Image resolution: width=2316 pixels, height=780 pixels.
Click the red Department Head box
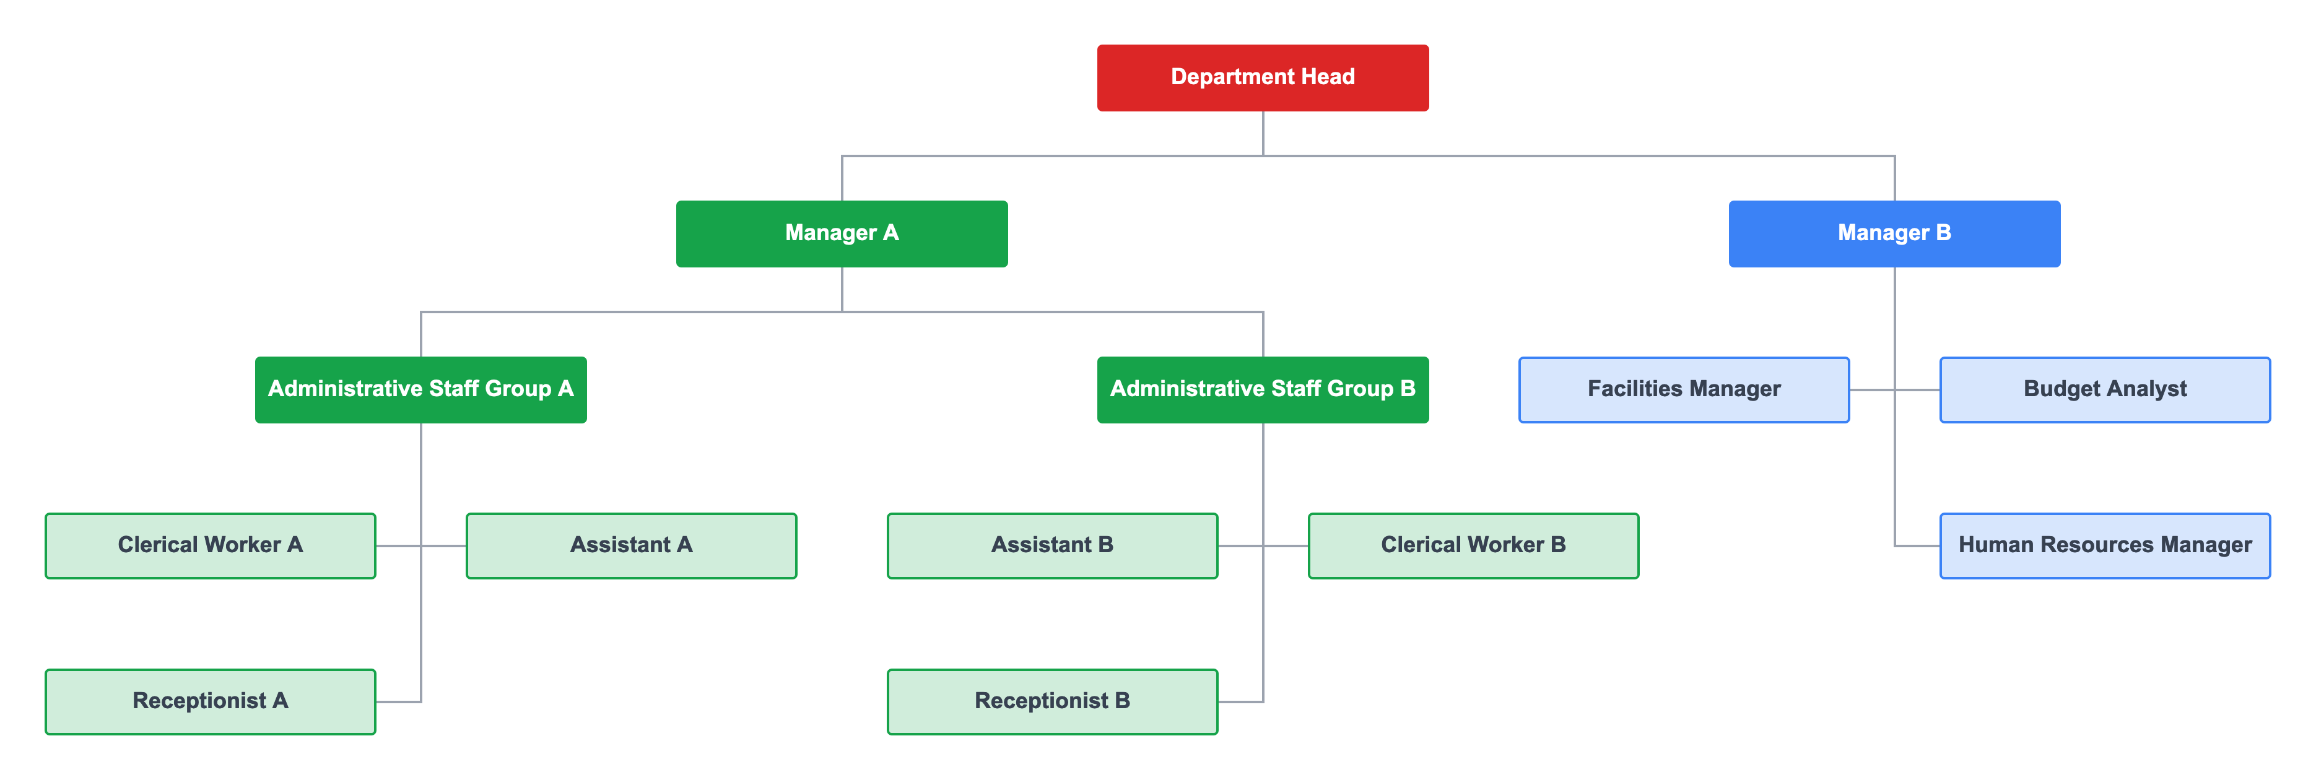click(1262, 78)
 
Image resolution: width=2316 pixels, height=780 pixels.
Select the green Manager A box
click(842, 233)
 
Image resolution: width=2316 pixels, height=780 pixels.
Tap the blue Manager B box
click(1894, 233)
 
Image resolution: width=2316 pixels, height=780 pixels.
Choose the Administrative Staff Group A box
click(420, 389)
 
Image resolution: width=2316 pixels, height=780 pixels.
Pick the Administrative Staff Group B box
click(1262, 389)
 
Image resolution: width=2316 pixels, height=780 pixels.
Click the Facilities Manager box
click(1683, 389)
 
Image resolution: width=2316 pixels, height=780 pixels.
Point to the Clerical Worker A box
click(211, 545)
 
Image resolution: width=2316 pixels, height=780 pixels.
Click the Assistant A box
click(631, 545)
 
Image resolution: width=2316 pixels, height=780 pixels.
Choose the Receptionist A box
click(211, 701)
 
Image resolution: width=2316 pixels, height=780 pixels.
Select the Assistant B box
click(1052, 545)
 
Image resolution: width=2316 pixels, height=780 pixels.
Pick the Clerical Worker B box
click(1473, 545)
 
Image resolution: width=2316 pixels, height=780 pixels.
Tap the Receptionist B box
click(1052, 701)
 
